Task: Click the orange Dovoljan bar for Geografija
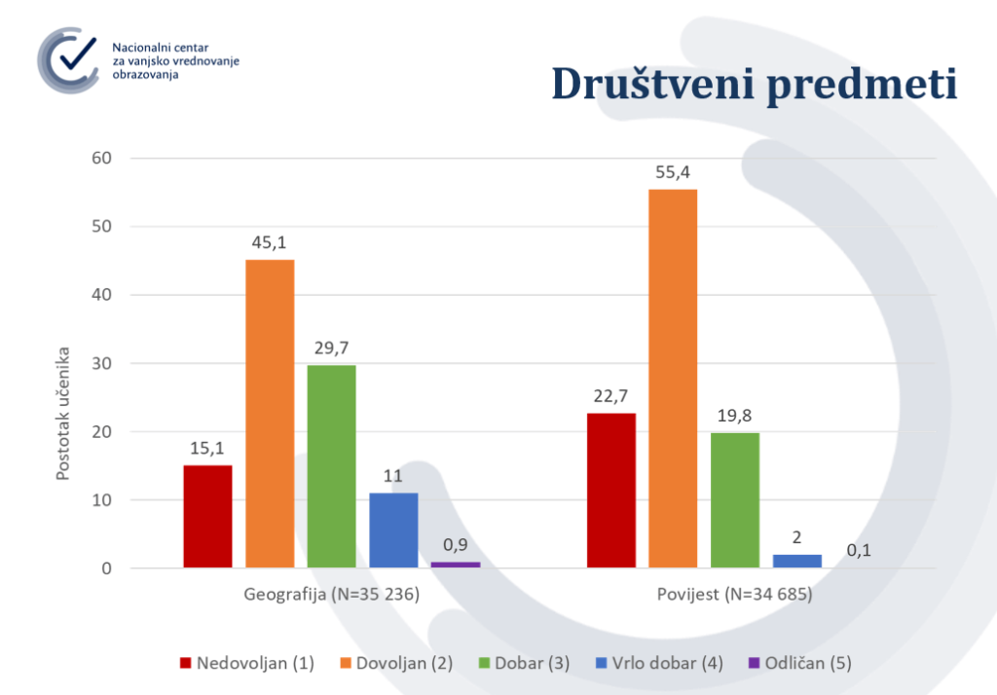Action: (270, 414)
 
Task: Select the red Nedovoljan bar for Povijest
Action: (611, 491)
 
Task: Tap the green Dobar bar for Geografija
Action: (331, 466)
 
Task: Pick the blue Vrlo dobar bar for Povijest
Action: (797, 561)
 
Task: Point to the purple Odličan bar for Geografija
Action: (456, 565)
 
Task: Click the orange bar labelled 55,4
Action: (673, 379)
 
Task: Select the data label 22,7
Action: (610, 396)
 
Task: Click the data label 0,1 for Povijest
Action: (859, 551)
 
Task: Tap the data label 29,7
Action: (331, 348)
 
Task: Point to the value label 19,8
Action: (734, 416)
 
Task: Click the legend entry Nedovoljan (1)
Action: (247, 663)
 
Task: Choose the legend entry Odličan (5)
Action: (800, 663)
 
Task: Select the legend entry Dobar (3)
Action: (524, 663)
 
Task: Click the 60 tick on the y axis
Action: (101, 158)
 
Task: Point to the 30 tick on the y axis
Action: (101, 363)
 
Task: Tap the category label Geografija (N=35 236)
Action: (331, 595)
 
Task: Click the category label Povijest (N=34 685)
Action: (734, 595)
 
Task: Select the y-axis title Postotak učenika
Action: (62, 414)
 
